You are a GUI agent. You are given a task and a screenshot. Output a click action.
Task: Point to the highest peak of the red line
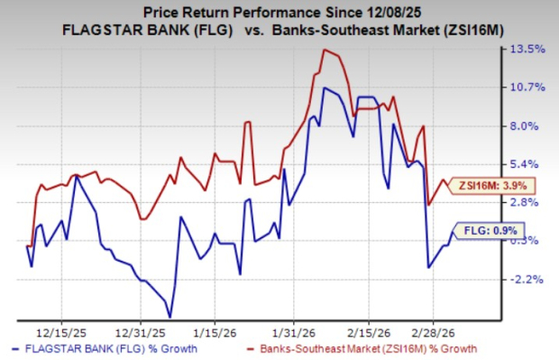pyautogui.click(x=323, y=50)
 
